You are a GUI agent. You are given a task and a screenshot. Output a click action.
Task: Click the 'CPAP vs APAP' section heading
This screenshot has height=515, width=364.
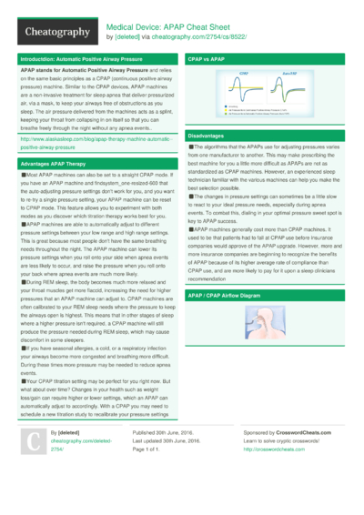(x=206, y=58)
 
